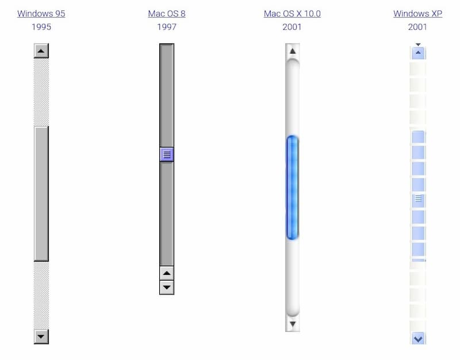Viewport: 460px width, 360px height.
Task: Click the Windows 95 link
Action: tap(41, 14)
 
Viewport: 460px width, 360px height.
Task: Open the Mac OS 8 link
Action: tap(167, 14)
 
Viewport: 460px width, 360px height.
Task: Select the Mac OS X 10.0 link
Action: tap(292, 14)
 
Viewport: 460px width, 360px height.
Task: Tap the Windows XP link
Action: tap(418, 14)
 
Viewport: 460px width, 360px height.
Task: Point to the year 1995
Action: tap(41, 27)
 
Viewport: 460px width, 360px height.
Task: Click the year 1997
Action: tap(167, 27)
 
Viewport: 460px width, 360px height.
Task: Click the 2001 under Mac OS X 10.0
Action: tap(292, 27)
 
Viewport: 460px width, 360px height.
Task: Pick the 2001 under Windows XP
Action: tap(417, 27)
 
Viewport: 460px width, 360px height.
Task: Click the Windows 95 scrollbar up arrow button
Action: tap(41, 51)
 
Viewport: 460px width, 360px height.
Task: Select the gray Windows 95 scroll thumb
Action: tap(41, 194)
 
